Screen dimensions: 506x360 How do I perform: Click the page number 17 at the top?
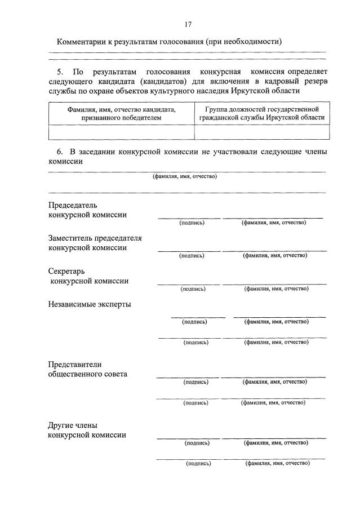[x=188, y=24]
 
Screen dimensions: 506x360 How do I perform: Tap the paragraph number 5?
[x=60, y=72]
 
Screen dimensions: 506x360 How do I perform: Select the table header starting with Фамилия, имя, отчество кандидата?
[x=121, y=113]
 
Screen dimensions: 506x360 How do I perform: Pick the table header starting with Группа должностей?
[x=261, y=113]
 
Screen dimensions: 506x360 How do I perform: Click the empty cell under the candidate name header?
[x=121, y=132]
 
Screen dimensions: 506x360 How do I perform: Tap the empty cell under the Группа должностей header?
[x=261, y=132]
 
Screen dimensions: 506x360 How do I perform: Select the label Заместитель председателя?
[x=95, y=238]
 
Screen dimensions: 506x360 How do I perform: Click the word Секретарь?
[x=66, y=271]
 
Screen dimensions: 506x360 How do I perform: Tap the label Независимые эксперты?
[x=90, y=304]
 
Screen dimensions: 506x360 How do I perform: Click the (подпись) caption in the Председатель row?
[x=192, y=223]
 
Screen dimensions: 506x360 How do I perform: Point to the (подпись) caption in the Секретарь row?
[x=193, y=289]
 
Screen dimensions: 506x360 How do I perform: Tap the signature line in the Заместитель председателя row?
[x=189, y=251]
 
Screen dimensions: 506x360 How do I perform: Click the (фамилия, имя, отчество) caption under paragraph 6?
[x=185, y=176]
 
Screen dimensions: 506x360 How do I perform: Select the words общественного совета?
[x=88, y=374]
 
